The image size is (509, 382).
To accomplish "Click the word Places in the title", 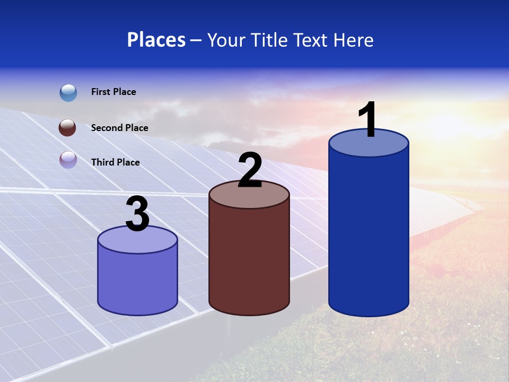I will [x=156, y=40].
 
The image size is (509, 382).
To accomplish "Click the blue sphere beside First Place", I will [x=68, y=93].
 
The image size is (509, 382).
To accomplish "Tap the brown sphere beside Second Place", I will [x=67, y=128].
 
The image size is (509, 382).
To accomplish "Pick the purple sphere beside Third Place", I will [x=68, y=160].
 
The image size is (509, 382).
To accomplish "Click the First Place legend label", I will [x=113, y=92].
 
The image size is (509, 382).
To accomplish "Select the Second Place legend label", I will [x=119, y=128].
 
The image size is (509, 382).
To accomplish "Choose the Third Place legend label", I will [x=115, y=162].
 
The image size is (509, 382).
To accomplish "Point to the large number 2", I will [x=250, y=170].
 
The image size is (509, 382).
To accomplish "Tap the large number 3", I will [x=137, y=215].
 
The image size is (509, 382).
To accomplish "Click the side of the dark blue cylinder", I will [x=368, y=233].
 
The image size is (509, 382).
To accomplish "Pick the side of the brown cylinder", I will [x=249, y=260].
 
